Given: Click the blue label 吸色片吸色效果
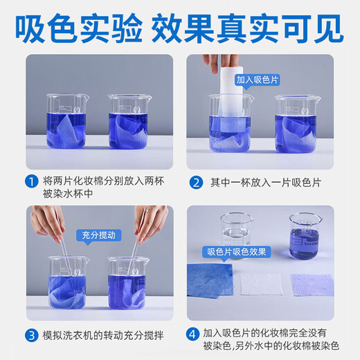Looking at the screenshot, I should pos(236,251).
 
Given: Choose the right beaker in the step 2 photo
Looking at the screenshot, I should pos(298,125).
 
